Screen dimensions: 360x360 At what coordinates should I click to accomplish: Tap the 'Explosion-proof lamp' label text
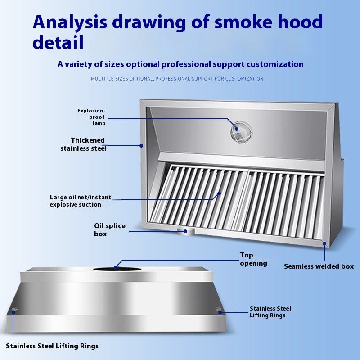coord(91,117)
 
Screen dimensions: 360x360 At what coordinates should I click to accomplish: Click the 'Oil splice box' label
coord(110,229)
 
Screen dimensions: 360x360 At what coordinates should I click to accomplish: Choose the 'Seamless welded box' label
coord(319,266)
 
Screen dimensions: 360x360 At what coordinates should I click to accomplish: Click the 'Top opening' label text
coord(253,259)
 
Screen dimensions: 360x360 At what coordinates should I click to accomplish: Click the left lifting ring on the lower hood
coord(14,311)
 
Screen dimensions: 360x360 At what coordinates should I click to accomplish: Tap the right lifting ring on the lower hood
coord(219,310)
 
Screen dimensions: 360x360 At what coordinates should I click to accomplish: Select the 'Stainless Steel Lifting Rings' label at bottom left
coord(52,346)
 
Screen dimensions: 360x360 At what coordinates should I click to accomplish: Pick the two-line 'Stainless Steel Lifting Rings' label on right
coord(270,312)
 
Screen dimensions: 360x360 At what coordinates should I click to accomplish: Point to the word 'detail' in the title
coord(58,43)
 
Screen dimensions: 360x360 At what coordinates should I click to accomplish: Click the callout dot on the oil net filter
coord(220,193)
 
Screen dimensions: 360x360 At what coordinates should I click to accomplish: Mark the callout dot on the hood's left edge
coord(141,145)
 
